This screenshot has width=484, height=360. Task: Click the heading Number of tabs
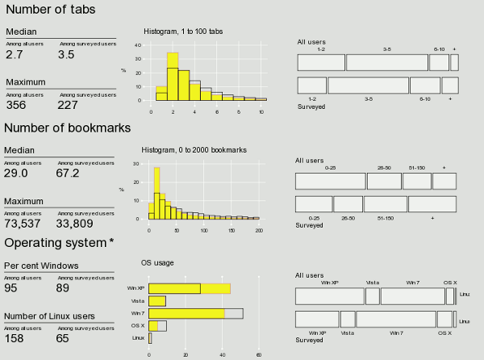[50, 10]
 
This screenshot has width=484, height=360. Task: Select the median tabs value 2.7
[15, 55]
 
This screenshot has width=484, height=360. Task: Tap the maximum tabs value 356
[16, 104]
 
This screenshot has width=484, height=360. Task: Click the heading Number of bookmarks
[67, 128]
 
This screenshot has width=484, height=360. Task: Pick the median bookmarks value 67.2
[68, 173]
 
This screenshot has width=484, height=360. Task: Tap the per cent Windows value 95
[12, 287]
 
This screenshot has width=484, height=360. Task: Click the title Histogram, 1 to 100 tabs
[183, 31]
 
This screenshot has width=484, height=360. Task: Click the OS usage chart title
[157, 262]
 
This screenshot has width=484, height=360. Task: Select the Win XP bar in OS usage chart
[190, 288]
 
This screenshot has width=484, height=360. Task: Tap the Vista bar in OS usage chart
[157, 301]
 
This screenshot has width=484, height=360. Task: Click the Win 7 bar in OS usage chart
[195, 313]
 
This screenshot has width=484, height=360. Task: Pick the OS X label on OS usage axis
[139, 325]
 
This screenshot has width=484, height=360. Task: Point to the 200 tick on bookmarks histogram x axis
[258, 231]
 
